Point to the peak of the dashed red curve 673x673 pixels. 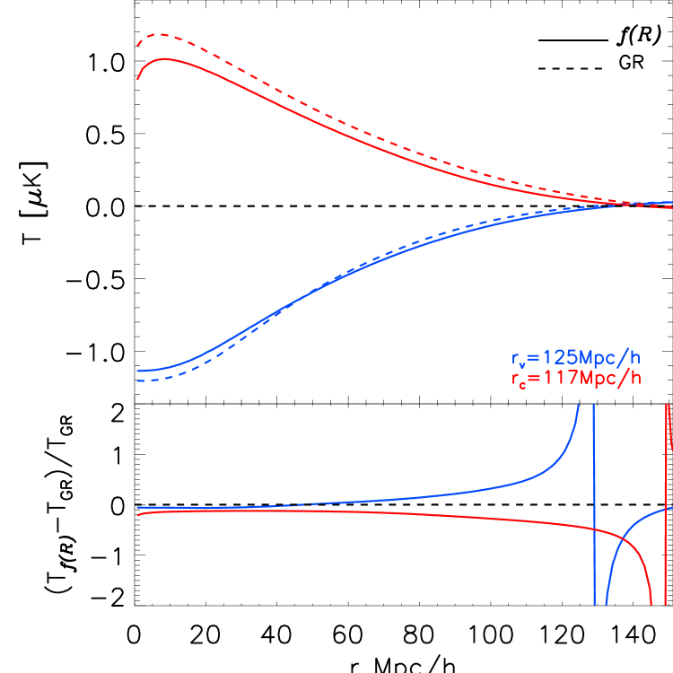(x=158, y=34)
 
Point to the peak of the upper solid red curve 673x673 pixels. (x=165, y=59)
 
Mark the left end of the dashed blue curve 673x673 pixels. (x=137, y=380)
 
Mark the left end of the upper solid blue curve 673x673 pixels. (x=137, y=370)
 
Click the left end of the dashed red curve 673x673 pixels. (x=137, y=44)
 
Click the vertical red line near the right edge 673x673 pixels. (x=666, y=467)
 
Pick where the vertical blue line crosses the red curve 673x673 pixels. (x=594, y=530)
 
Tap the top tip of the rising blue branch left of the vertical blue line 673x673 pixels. (x=578, y=406)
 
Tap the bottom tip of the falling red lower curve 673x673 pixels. (x=651, y=604)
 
